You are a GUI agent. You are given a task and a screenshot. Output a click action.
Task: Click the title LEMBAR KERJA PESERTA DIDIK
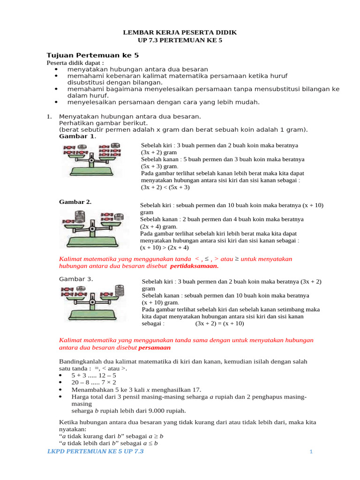(180, 32)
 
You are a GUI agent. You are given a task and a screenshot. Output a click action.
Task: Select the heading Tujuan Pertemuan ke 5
(93, 55)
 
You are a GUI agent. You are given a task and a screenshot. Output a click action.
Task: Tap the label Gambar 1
(76, 136)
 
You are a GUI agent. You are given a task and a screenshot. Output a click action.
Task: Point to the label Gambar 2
(75, 202)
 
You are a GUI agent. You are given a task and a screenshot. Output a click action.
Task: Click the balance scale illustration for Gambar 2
(92, 228)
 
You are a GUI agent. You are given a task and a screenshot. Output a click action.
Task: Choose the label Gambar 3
(76, 279)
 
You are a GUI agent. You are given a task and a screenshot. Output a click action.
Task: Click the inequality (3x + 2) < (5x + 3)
(165, 187)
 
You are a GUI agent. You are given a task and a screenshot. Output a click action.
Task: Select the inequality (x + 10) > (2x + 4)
(164, 247)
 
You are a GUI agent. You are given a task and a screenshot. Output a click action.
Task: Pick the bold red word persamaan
(155, 348)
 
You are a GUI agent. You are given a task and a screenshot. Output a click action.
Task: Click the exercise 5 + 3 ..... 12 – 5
(94, 375)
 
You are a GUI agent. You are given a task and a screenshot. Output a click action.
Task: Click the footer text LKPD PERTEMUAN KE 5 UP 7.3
(96, 451)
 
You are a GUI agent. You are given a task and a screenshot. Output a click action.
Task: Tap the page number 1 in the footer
(311, 451)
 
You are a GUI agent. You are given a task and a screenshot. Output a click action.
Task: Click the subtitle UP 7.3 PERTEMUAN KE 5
(180, 40)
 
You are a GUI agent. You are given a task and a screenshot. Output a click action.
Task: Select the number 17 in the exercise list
(196, 390)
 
